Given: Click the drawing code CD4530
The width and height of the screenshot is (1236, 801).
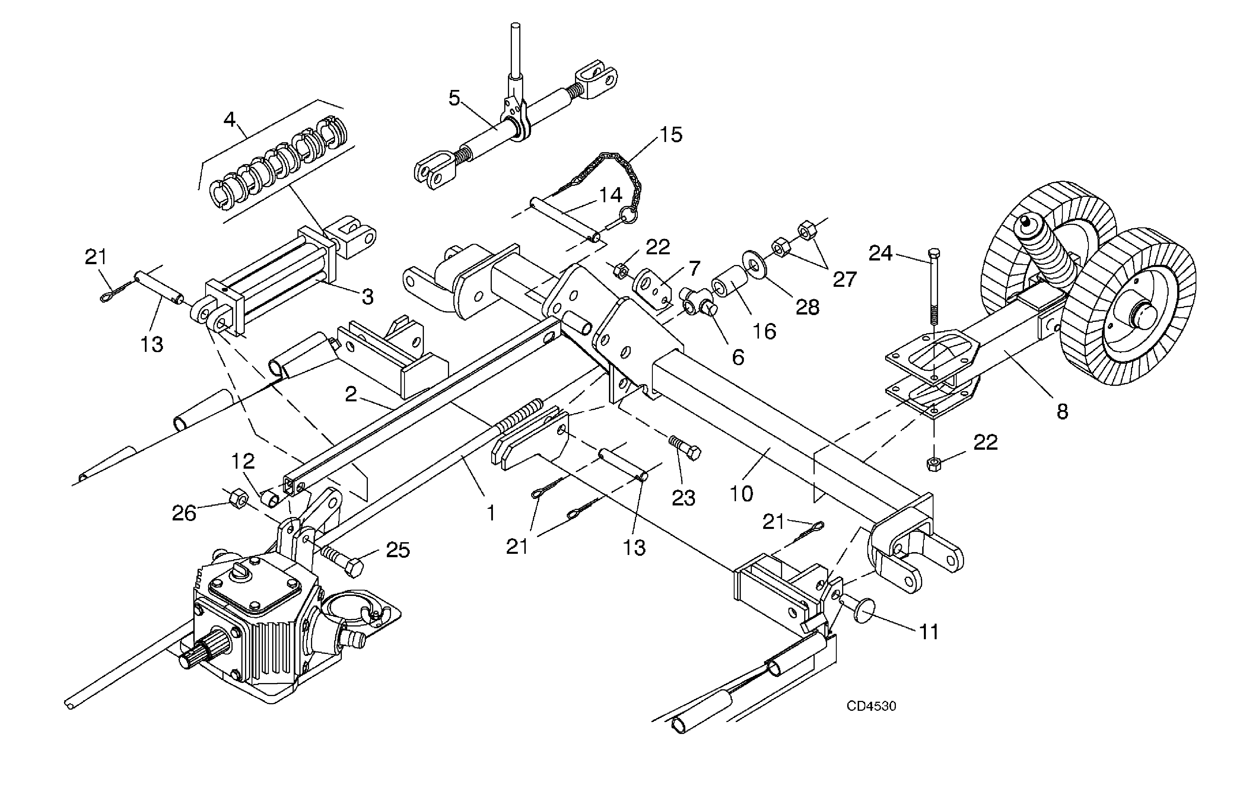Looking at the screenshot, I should (x=871, y=706).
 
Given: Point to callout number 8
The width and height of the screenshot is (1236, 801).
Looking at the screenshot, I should (x=1062, y=412).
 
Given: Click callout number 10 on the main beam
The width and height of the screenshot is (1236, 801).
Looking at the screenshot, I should (x=741, y=493).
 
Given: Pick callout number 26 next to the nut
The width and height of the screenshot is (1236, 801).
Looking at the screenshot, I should (x=184, y=513).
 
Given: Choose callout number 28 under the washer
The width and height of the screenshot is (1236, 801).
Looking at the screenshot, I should (x=808, y=307).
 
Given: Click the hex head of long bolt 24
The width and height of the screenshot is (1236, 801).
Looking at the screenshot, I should (x=933, y=254).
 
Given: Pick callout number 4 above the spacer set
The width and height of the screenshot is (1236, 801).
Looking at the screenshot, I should (x=229, y=120).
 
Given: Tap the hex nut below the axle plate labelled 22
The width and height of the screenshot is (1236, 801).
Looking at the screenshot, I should (x=933, y=464).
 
